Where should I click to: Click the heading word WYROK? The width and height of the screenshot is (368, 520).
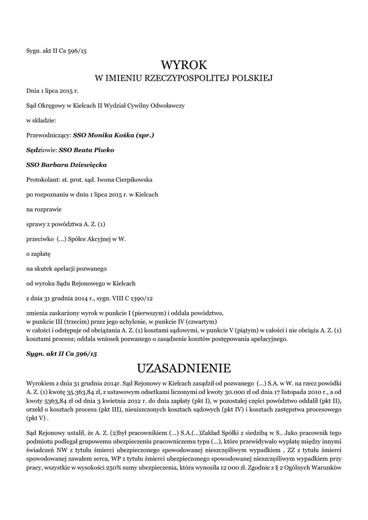click(184, 64)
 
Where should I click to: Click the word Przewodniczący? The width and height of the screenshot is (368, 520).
click(48, 136)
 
